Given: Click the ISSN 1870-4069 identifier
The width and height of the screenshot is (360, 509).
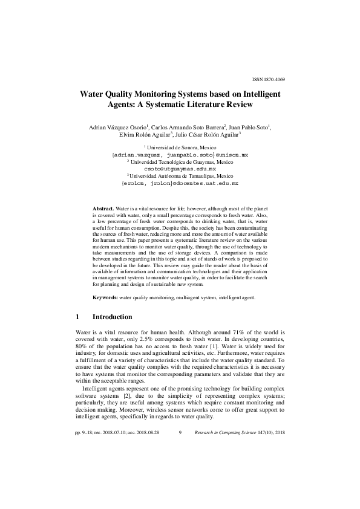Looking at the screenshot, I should pyautogui.click(x=268, y=79).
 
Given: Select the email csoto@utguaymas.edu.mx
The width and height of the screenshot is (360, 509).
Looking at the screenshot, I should pyautogui.click(x=180, y=169).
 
